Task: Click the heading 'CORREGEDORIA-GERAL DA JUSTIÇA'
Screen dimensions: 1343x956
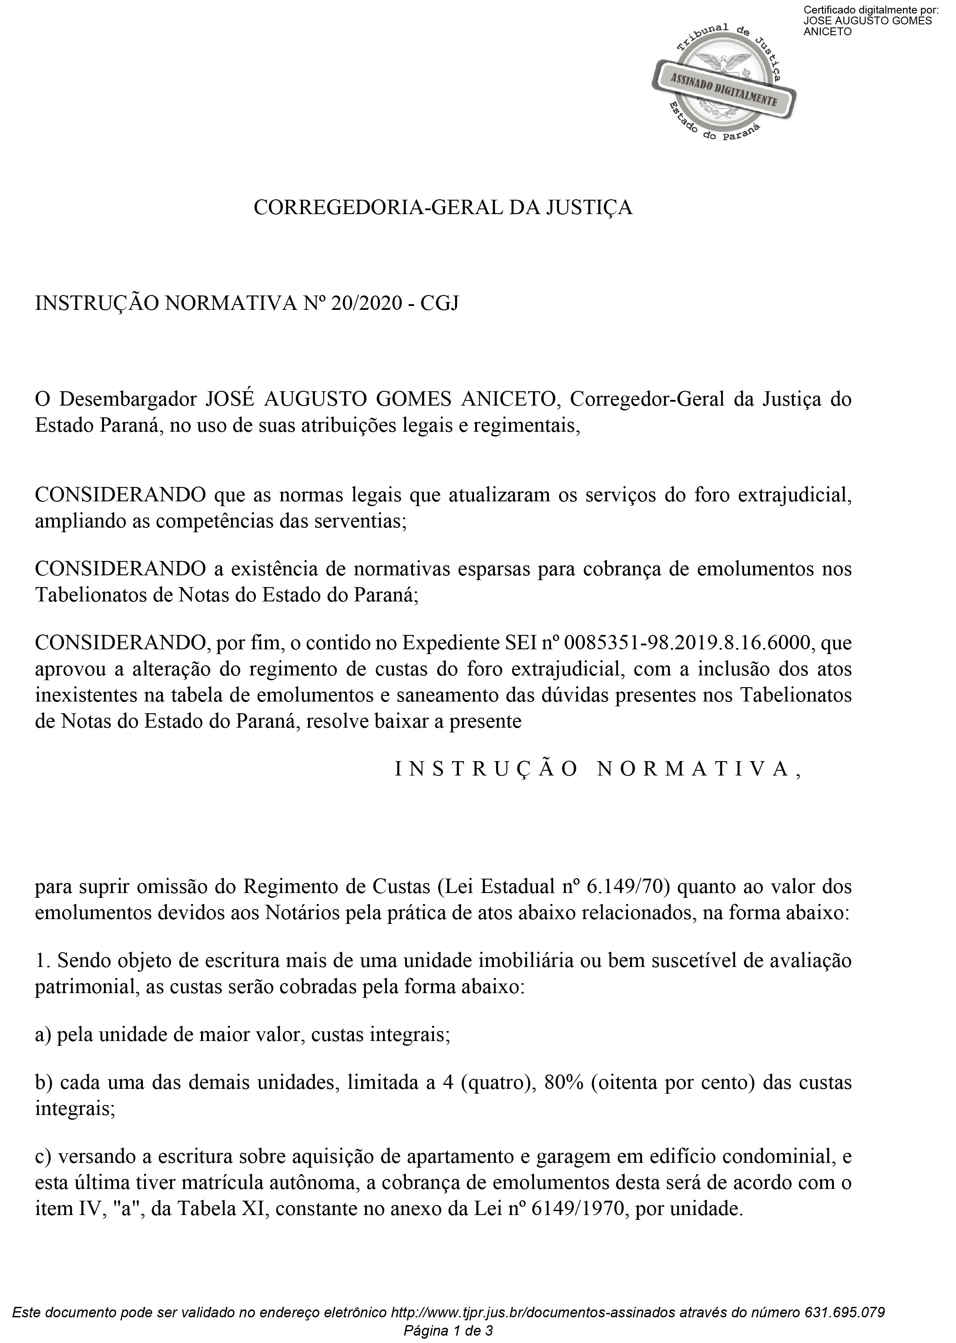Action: [443, 208]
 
